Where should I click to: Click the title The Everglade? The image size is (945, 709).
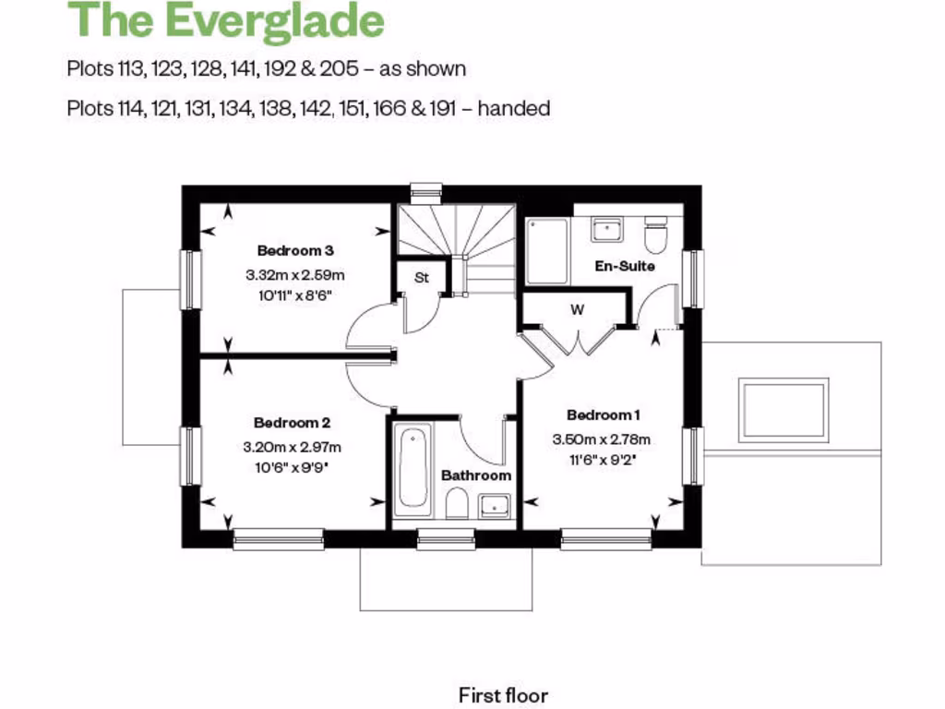[x=225, y=21]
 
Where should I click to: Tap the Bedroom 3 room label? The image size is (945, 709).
[x=294, y=250]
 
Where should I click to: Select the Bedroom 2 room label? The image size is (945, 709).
[x=292, y=423]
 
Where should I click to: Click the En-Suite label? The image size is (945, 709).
[x=625, y=266]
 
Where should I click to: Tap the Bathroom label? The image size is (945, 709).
[x=475, y=475]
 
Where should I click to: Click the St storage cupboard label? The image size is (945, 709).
[x=422, y=276]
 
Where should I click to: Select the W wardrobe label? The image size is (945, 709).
[x=577, y=310]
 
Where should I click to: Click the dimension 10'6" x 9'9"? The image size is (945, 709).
[x=292, y=467]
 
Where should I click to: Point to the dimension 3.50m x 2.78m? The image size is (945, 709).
[x=602, y=439]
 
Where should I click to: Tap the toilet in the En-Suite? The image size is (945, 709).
[x=656, y=235]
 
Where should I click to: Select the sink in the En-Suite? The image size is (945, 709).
[x=606, y=229]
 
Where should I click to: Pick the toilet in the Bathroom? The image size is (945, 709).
[x=455, y=503]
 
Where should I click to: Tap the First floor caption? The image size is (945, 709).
[x=503, y=694]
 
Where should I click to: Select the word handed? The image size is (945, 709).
[x=513, y=109]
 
